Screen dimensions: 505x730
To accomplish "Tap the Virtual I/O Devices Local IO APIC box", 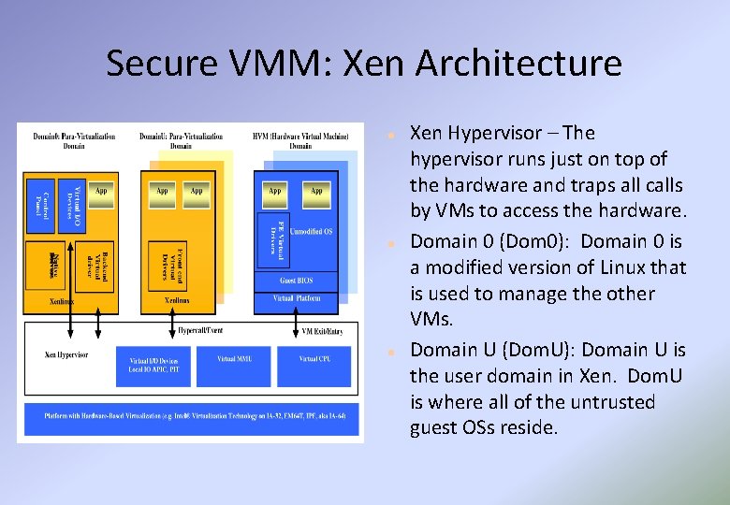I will (x=153, y=363).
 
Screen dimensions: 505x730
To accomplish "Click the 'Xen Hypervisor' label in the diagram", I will (x=66, y=355).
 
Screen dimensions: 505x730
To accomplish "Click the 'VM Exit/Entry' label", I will (x=323, y=331).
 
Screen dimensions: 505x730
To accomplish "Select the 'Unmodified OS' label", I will (x=311, y=231).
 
